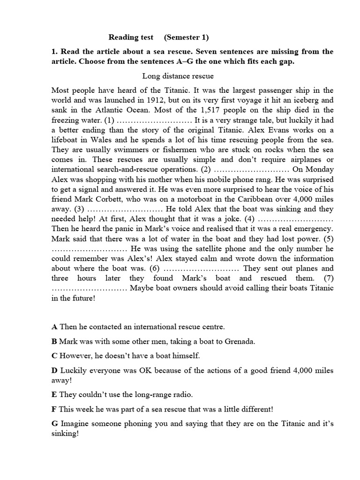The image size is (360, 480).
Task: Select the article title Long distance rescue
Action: coord(178,75)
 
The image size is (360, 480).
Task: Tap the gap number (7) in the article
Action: coord(327,278)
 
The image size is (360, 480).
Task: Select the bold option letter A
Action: coord(54,326)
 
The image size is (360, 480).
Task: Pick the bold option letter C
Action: coord(54,356)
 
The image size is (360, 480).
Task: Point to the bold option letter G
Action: coord(55,424)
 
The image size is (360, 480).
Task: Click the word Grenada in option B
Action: coord(240,341)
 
